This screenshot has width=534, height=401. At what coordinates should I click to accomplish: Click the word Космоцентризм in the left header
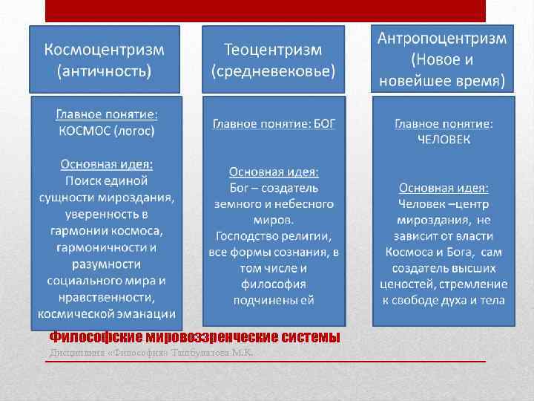[x=105, y=50]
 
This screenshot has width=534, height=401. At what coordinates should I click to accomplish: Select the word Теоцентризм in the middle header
[x=273, y=50]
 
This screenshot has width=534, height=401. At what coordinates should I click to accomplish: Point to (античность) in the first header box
[x=105, y=72]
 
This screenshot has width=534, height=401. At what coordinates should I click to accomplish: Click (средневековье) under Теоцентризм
[x=274, y=72]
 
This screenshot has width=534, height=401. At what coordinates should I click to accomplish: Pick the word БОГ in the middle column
[x=323, y=123]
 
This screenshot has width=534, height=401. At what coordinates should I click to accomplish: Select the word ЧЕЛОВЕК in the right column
[x=443, y=138]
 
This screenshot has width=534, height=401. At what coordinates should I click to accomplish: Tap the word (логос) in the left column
[x=134, y=131]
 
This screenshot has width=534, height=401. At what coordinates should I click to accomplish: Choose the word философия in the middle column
[x=273, y=284]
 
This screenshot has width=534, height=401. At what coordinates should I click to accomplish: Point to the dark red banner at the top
[x=266, y=10]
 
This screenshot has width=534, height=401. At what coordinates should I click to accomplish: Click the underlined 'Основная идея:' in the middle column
[x=274, y=172]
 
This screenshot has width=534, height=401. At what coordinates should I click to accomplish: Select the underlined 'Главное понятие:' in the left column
[x=107, y=115]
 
